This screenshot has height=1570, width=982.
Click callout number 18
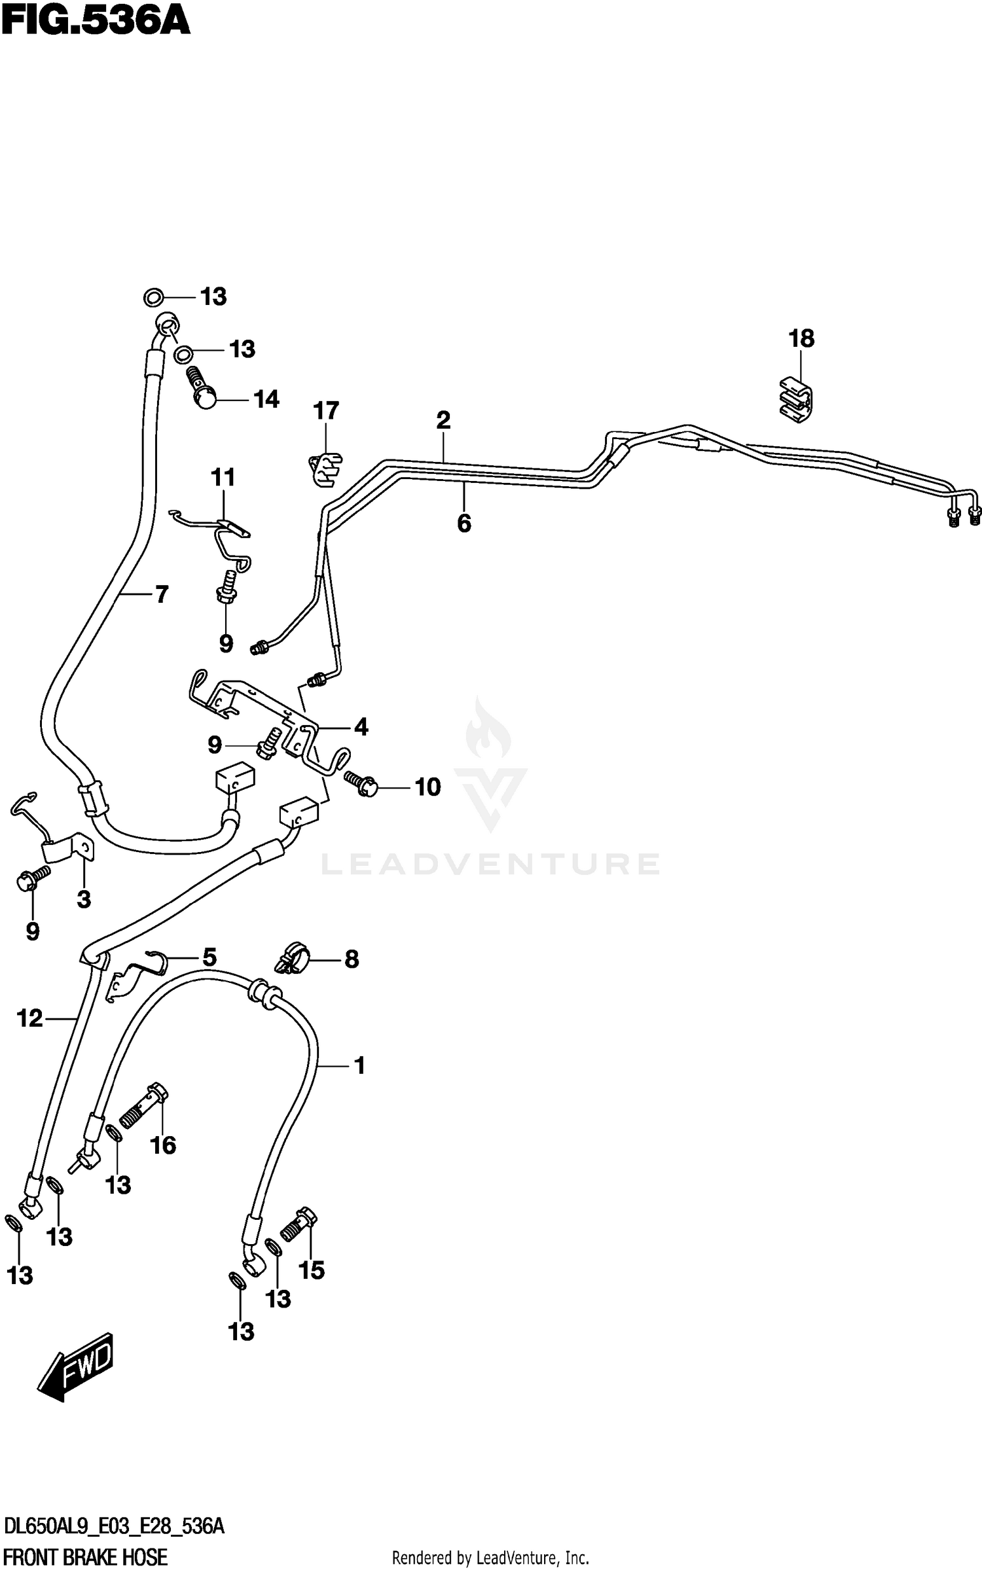pyautogui.click(x=801, y=339)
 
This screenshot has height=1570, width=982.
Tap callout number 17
pyautogui.click(x=326, y=411)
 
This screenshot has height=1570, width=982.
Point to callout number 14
pyautogui.click(x=266, y=399)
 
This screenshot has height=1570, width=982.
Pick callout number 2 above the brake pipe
pyautogui.click(x=443, y=420)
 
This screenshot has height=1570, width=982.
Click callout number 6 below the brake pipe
pyautogui.click(x=464, y=524)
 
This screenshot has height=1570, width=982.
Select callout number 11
pyautogui.click(x=223, y=478)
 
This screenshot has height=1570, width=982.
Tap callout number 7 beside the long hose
pyautogui.click(x=162, y=594)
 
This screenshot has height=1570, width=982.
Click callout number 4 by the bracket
pyautogui.click(x=361, y=727)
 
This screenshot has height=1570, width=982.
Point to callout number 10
pyautogui.click(x=427, y=787)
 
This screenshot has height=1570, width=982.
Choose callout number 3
pyautogui.click(x=84, y=900)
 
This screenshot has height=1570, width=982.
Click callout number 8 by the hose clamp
pyautogui.click(x=352, y=959)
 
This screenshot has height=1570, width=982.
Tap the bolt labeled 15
pyautogui.click(x=299, y=1223)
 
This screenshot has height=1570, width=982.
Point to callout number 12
pyautogui.click(x=29, y=1018)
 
